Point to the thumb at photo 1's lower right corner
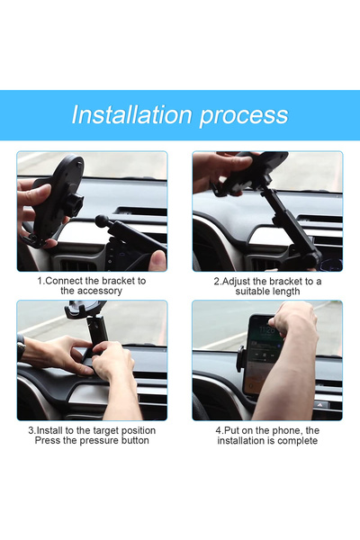click(x=157, y=260)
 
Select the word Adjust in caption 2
click(x=240, y=281)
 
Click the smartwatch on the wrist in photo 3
click(x=21, y=347)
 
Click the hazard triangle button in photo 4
click(x=321, y=405)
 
